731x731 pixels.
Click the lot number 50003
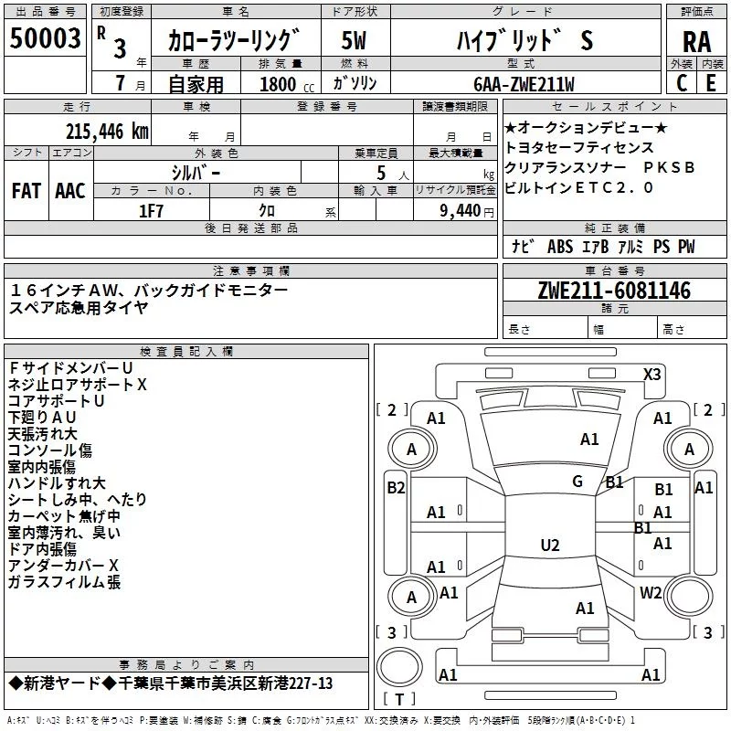click(45, 37)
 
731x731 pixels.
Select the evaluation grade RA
click(696, 42)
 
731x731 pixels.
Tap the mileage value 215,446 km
click(107, 132)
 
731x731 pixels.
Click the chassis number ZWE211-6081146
click(614, 290)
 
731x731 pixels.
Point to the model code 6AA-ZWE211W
click(524, 84)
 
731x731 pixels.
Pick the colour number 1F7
click(151, 211)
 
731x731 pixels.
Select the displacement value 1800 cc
click(287, 84)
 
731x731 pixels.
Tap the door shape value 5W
click(354, 40)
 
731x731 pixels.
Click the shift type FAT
click(26, 191)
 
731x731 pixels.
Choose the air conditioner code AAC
click(70, 191)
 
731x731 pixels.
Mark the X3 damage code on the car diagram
click(652, 375)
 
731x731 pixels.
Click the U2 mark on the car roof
click(550, 545)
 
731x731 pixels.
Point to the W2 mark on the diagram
click(651, 592)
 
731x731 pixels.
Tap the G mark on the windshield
click(577, 482)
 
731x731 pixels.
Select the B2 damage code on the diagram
click(396, 488)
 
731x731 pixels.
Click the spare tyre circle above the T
click(399, 667)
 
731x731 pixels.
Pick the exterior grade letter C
click(682, 83)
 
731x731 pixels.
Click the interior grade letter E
click(711, 83)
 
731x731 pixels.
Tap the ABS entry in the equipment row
click(560, 247)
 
